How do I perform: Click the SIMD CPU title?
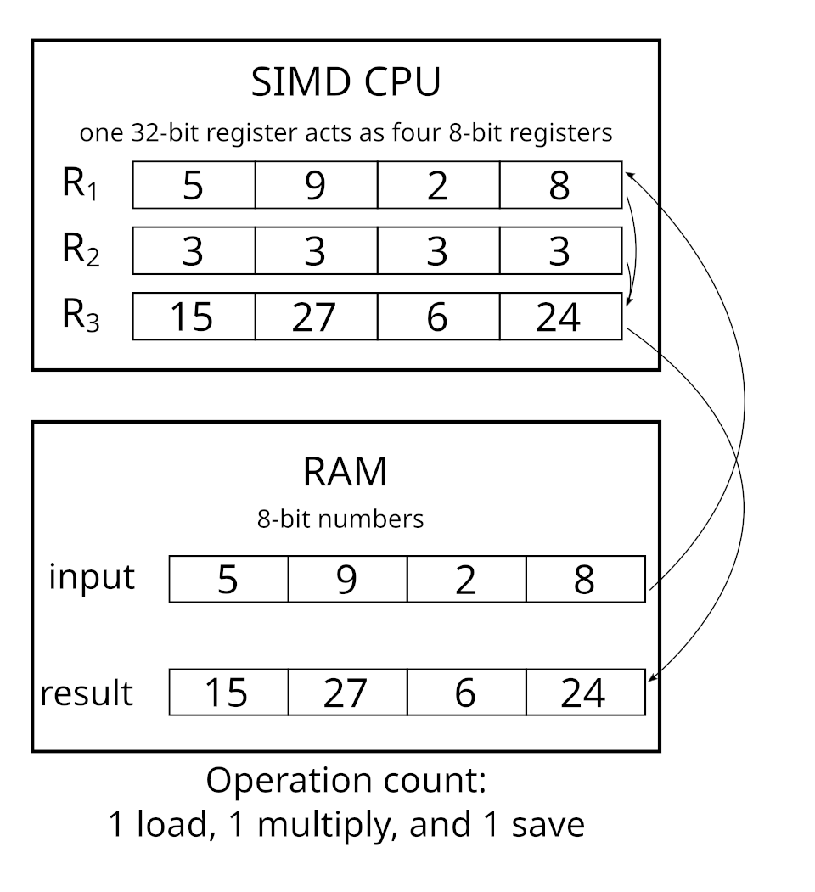[x=346, y=83]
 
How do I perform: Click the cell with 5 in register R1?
[x=194, y=185]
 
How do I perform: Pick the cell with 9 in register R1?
[x=315, y=185]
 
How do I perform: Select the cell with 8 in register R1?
[x=559, y=185]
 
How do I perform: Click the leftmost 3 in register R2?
[x=194, y=251]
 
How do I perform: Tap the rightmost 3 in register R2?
[x=559, y=251]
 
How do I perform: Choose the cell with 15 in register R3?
[x=194, y=317]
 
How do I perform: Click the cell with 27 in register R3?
[x=315, y=317]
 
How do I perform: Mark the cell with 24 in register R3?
[x=559, y=317]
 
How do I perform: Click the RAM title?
[x=345, y=471]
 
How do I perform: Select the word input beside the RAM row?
[x=92, y=577]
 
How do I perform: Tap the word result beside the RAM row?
[x=87, y=693]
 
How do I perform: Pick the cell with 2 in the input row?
[x=466, y=580]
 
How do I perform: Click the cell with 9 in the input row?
[x=347, y=580]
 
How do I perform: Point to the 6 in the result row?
[x=466, y=693]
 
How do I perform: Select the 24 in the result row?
[x=584, y=693]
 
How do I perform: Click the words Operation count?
[x=346, y=780]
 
